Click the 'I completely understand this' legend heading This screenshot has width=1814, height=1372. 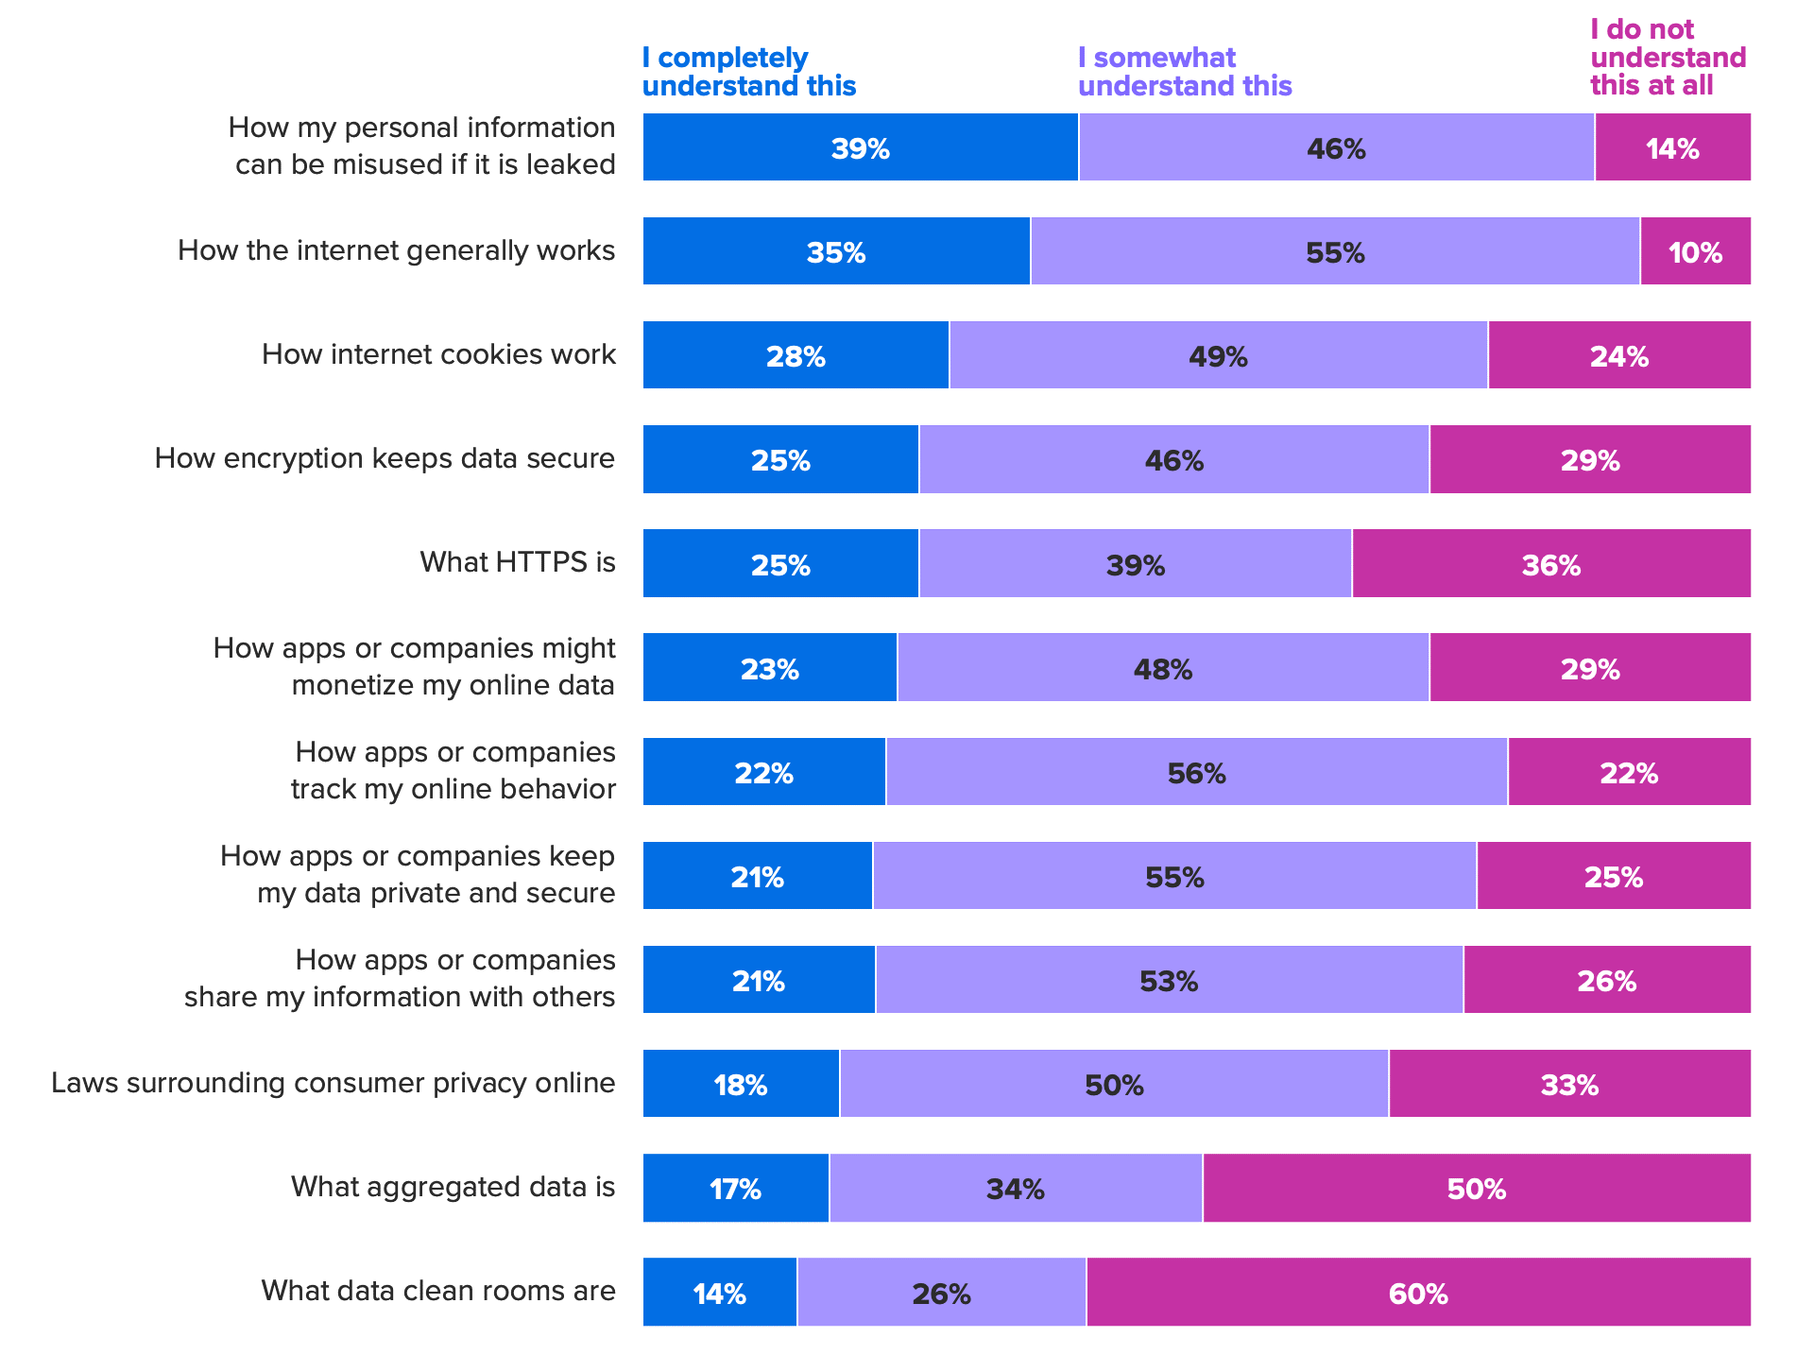click(x=748, y=72)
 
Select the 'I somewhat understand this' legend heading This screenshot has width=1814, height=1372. click(x=1184, y=72)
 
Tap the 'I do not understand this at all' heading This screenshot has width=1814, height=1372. click(x=1668, y=58)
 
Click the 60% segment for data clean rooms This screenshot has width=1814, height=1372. click(x=1418, y=1292)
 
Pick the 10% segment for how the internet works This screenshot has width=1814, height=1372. click(x=1695, y=251)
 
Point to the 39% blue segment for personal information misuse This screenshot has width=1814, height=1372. click(x=860, y=147)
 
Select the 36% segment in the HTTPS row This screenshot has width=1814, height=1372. click(x=1550, y=564)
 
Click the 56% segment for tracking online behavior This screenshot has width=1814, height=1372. click(x=1196, y=772)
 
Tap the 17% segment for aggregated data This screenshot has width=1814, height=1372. click(x=735, y=1188)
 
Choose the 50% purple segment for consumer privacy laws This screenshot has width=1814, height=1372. click(x=1114, y=1084)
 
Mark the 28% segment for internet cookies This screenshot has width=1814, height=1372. click(x=796, y=355)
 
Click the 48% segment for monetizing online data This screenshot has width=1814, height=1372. click(x=1162, y=668)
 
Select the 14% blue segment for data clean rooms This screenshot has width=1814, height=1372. click(x=720, y=1292)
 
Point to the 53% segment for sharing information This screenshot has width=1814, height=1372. click(x=1169, y=980)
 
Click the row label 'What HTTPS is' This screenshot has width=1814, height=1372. click(x=518, y=562)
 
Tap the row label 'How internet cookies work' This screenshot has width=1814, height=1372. click(x=438, y=354)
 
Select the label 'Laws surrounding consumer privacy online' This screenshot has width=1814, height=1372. click(x=333, y=1083)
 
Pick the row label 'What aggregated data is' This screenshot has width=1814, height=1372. click(x=453, y=1187)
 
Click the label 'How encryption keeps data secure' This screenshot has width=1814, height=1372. click(x=385, y=458)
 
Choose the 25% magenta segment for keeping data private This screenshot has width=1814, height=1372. click(x=1613, y=876)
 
